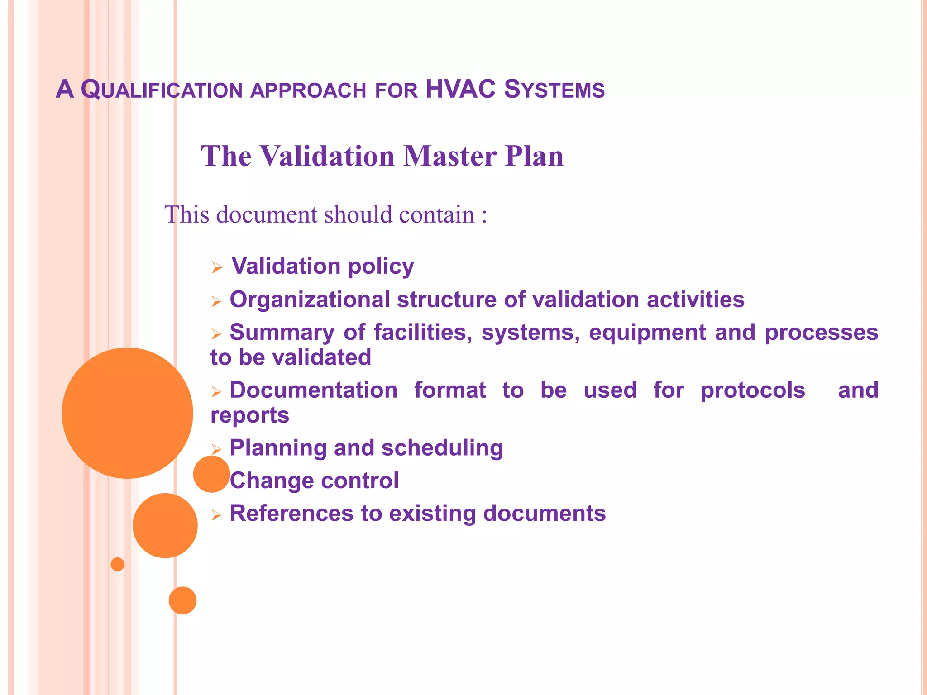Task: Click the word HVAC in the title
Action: coord(460,89)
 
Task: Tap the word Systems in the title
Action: coord(554,89)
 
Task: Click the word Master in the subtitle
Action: coord(450,156)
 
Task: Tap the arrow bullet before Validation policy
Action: coord(217,268)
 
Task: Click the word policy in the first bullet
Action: coord(381,267)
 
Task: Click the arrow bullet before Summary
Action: coord(216,334)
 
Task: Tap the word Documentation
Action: coord(313,390)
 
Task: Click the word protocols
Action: coord(753,390)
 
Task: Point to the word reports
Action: coord(249,415)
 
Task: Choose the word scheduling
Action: coord(442,448)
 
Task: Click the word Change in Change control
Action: coord(270,481)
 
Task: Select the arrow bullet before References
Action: coord(216,515)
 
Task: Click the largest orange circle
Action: coord(127,413)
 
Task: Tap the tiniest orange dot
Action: coord(118,564)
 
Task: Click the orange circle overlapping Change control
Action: coord(211,474)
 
